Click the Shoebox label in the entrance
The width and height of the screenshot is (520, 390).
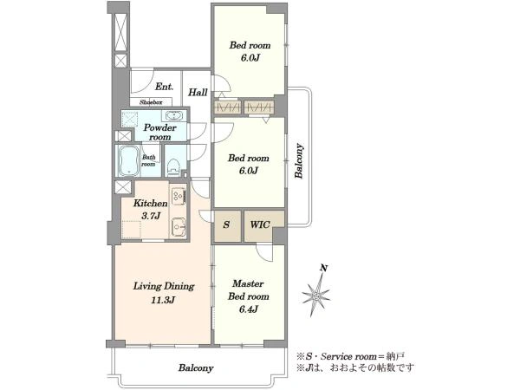[x=151, y=102]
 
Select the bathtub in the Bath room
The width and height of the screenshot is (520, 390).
[x=129, y=161]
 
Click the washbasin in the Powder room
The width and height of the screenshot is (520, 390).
[x=173, y=116]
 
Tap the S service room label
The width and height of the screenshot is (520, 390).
[x=226, y=224]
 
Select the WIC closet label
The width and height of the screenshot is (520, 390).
[x=260, y=224]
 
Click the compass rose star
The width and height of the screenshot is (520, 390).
[x=315, y=295]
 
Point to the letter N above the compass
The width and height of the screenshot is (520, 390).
[x=324, y=268]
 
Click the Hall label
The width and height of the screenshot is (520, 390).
[x=198, y=92]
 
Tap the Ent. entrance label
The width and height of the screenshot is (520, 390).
[x=164, y=87]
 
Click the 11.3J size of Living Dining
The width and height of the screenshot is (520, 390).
[x=163, y=301]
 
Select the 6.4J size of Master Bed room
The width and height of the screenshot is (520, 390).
[x=249, y=309]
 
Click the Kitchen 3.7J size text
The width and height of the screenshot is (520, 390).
[x=151, y=216]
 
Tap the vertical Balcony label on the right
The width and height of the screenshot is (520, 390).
[x=299, y=161]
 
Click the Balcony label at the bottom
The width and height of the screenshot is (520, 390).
[x=196, y=367]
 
